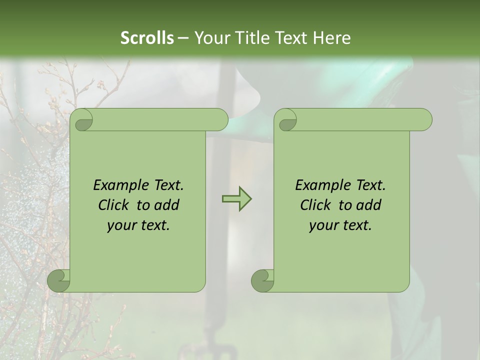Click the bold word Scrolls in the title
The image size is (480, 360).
click(147, 38)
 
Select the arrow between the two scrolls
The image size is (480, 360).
click(236, 199)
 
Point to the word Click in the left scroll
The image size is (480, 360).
click(115, 205)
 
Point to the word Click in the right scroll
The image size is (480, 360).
click(317, 205)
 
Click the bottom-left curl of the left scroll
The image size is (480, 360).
click(58, 281)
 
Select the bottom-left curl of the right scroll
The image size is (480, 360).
click(262, 281)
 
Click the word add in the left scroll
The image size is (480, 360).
click(167, 205)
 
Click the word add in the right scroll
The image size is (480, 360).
click(369, 205)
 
